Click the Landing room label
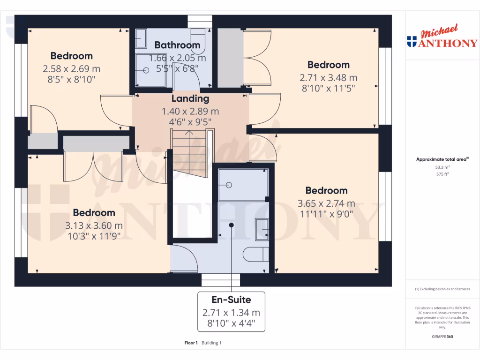(x=190, y=99)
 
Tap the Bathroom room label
(x=177, y=45)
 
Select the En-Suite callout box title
(x=231, y=300)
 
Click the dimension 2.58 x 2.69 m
(x=71, y=69)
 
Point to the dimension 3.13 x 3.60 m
(x=94, y=225)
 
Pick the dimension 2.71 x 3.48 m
(x=328, y=77)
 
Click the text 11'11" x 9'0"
(x=326, y=214)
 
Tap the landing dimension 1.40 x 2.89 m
(x=190, y=112)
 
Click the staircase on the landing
(x=189, y=153)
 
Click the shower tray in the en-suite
(x=243, y=185)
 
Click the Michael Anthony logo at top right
(x=442, y=37)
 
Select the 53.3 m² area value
(x=442, y=167)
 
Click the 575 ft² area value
(x=442, y=174)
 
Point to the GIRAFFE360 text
(x=442, y=337)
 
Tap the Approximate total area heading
(x=442, y=159)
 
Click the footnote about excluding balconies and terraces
(x=442, y=289)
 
